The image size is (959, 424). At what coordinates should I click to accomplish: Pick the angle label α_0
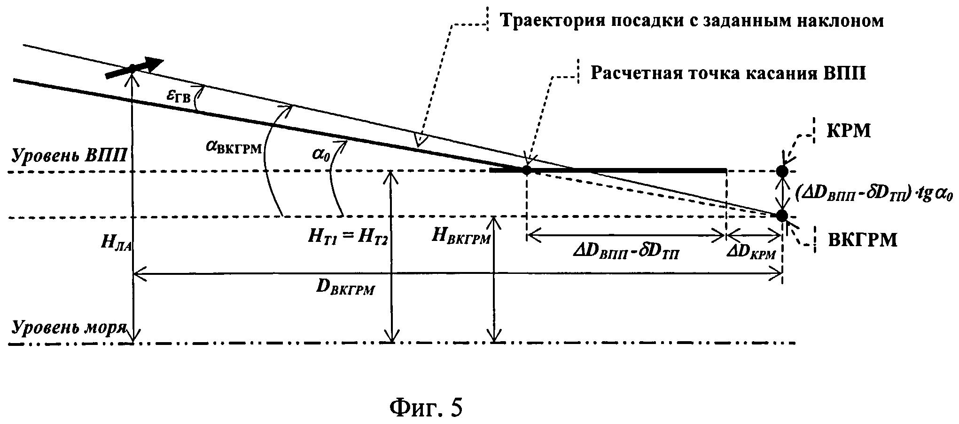(321, 153)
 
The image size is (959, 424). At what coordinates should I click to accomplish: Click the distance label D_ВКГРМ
(345, 287)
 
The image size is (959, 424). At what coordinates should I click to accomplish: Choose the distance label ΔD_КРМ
(751, 253)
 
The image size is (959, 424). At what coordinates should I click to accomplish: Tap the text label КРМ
(849, 131)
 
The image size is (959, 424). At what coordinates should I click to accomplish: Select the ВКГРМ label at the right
(862, 240)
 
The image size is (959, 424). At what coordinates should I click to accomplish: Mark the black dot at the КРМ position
(782, 171)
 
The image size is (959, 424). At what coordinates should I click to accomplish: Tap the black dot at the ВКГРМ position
(782, 216)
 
